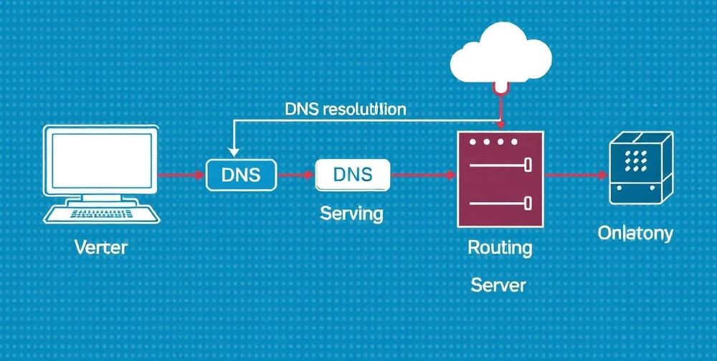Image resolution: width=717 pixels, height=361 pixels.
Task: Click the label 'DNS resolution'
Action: pos(345,110)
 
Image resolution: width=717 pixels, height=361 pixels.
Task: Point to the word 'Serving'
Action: pos(351,213)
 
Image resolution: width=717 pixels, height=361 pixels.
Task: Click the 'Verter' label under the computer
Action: pos(101,248)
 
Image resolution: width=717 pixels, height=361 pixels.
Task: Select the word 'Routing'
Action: pos(500,248)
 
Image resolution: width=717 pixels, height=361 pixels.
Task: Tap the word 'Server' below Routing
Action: pos(498,285)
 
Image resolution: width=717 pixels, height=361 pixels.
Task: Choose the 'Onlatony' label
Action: pos(635,234)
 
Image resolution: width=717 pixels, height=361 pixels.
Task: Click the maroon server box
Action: pos(500,179)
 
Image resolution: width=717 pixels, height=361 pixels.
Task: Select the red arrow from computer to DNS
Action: pos(181,175)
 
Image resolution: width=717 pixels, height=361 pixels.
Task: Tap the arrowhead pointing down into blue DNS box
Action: pos(232,152)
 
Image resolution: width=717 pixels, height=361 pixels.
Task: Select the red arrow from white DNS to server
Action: pos(423,175)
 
